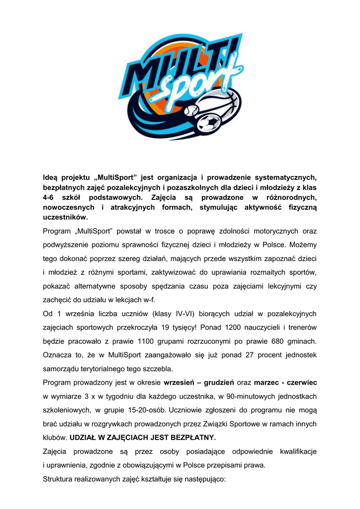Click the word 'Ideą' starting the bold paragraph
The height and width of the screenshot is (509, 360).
51,177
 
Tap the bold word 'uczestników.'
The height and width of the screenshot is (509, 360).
65,217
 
